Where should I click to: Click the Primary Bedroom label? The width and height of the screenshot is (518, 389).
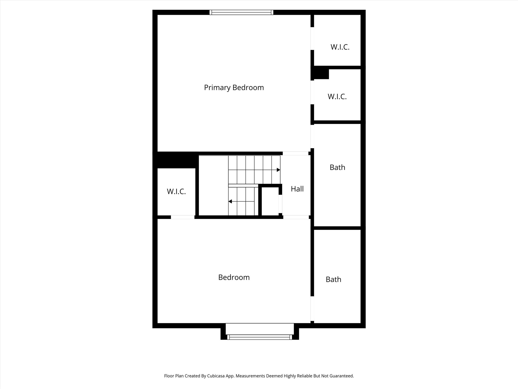[x=234, y=88]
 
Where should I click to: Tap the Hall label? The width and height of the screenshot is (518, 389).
[x=297, y=189]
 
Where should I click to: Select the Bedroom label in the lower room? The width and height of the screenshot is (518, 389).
[x=234, y=277]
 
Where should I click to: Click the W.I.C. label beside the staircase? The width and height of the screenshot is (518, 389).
[x=176, y=191]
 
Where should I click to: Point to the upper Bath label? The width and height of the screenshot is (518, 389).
[x=337, y=167]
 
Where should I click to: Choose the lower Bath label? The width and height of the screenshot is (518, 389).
[x=333, y=279]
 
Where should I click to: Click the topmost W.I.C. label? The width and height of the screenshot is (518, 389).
[x=340, y=47]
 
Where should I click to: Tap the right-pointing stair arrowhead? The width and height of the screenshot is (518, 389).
[x=278, y=170]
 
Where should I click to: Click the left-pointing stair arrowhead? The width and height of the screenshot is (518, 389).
[x=230, y=202]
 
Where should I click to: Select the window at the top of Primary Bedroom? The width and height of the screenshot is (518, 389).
[x=241, y=12]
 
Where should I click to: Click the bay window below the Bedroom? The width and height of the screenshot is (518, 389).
[x=260, y=337]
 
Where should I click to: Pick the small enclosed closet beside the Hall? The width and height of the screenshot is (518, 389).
[x=270, y=201]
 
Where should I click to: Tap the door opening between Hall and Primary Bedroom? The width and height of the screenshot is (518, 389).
[x=295, y=153]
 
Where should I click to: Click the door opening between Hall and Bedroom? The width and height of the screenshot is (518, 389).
[x=296, y=217]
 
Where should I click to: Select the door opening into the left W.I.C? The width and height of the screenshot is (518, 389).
[x=183, y=217]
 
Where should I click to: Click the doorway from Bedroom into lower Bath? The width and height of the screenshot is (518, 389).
[x=312, y=308]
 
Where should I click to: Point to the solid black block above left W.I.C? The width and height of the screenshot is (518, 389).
[x=176, y=160]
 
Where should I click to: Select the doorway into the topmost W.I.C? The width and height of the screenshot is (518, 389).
[x=312, y=38]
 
